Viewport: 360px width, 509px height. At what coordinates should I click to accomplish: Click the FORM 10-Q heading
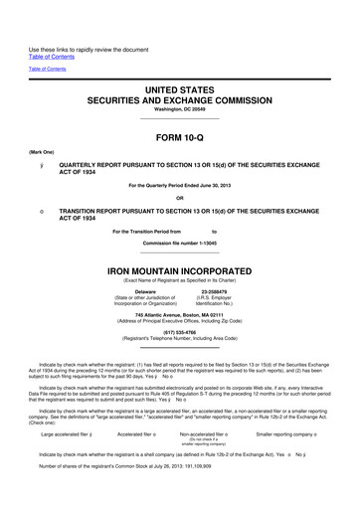click(179, 137)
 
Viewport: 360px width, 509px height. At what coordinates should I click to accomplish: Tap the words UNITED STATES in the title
click(179, 88)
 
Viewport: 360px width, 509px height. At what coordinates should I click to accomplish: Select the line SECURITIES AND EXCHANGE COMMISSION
click(179, 100)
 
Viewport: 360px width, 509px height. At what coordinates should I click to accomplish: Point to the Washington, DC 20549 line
click(179, 110)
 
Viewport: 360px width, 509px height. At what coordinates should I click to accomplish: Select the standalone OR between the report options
click(179, 196)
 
